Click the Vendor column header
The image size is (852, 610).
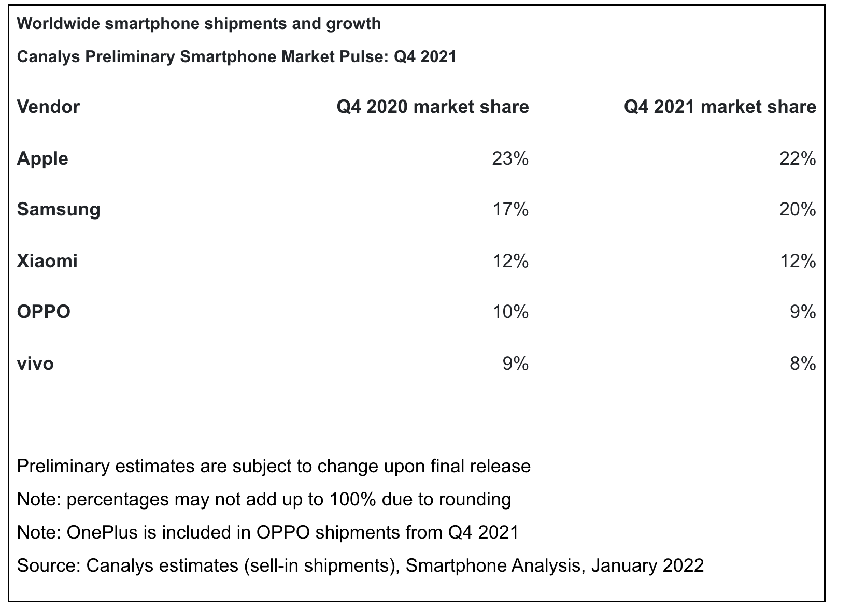[48, 107]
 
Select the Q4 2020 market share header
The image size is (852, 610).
[432, 107]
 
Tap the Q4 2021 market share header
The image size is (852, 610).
[719, 107]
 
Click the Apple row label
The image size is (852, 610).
[42, 158]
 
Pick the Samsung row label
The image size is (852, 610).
[59, 210]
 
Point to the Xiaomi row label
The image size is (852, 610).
[47, 261]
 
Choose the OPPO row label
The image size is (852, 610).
[44, 312]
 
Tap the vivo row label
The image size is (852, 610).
[35, 364]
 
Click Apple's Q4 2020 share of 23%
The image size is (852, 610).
[510, 158]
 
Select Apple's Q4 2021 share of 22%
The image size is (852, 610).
[797, 158]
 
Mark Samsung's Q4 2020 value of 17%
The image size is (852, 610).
[510, 210]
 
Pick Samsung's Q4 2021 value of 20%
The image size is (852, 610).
[797, 210]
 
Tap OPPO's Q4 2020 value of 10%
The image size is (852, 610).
[510, 312]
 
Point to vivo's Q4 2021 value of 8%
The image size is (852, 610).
[803, 364]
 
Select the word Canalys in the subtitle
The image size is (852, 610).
[45, 56]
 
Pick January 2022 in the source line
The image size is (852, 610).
[647, 565]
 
